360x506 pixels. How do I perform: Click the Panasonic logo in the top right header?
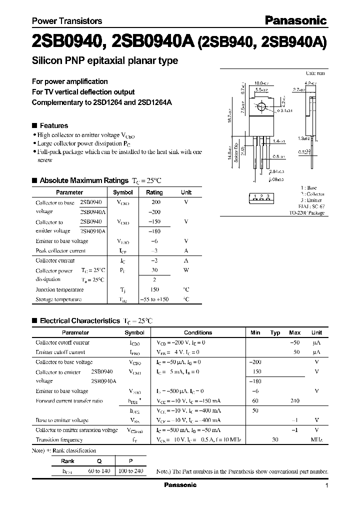[x=295, y=20]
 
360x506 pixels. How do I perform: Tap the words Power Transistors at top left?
[x=67, y=21]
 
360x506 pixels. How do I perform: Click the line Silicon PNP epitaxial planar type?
[x=105, y=61]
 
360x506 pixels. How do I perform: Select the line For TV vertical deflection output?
[x=83, y=92]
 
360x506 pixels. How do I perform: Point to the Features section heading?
[x=53, y=125]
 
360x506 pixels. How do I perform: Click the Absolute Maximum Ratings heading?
[x=84, y=180]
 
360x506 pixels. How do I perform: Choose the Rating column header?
[x=154, y=192]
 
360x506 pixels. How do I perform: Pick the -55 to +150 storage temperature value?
[x=154, y=299]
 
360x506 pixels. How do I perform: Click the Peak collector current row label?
[x=60, y=251]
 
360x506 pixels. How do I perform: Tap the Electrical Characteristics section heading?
[x=80, y=320]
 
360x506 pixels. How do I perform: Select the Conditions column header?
[x=198, y=332]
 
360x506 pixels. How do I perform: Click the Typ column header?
[x=275, y=332]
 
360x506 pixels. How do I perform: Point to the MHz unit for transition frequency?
[x=316, y=440]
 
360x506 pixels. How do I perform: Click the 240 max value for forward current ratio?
[x=294, y=401]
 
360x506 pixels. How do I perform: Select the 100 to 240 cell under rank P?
[x=130, y=471]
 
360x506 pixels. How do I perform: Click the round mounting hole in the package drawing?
[x=261, y=106]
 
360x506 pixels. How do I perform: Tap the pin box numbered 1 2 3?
[x=261, y=196]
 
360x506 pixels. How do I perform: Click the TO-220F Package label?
[x=306, y=213]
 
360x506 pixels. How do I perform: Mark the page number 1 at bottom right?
[x=326, y=485]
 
